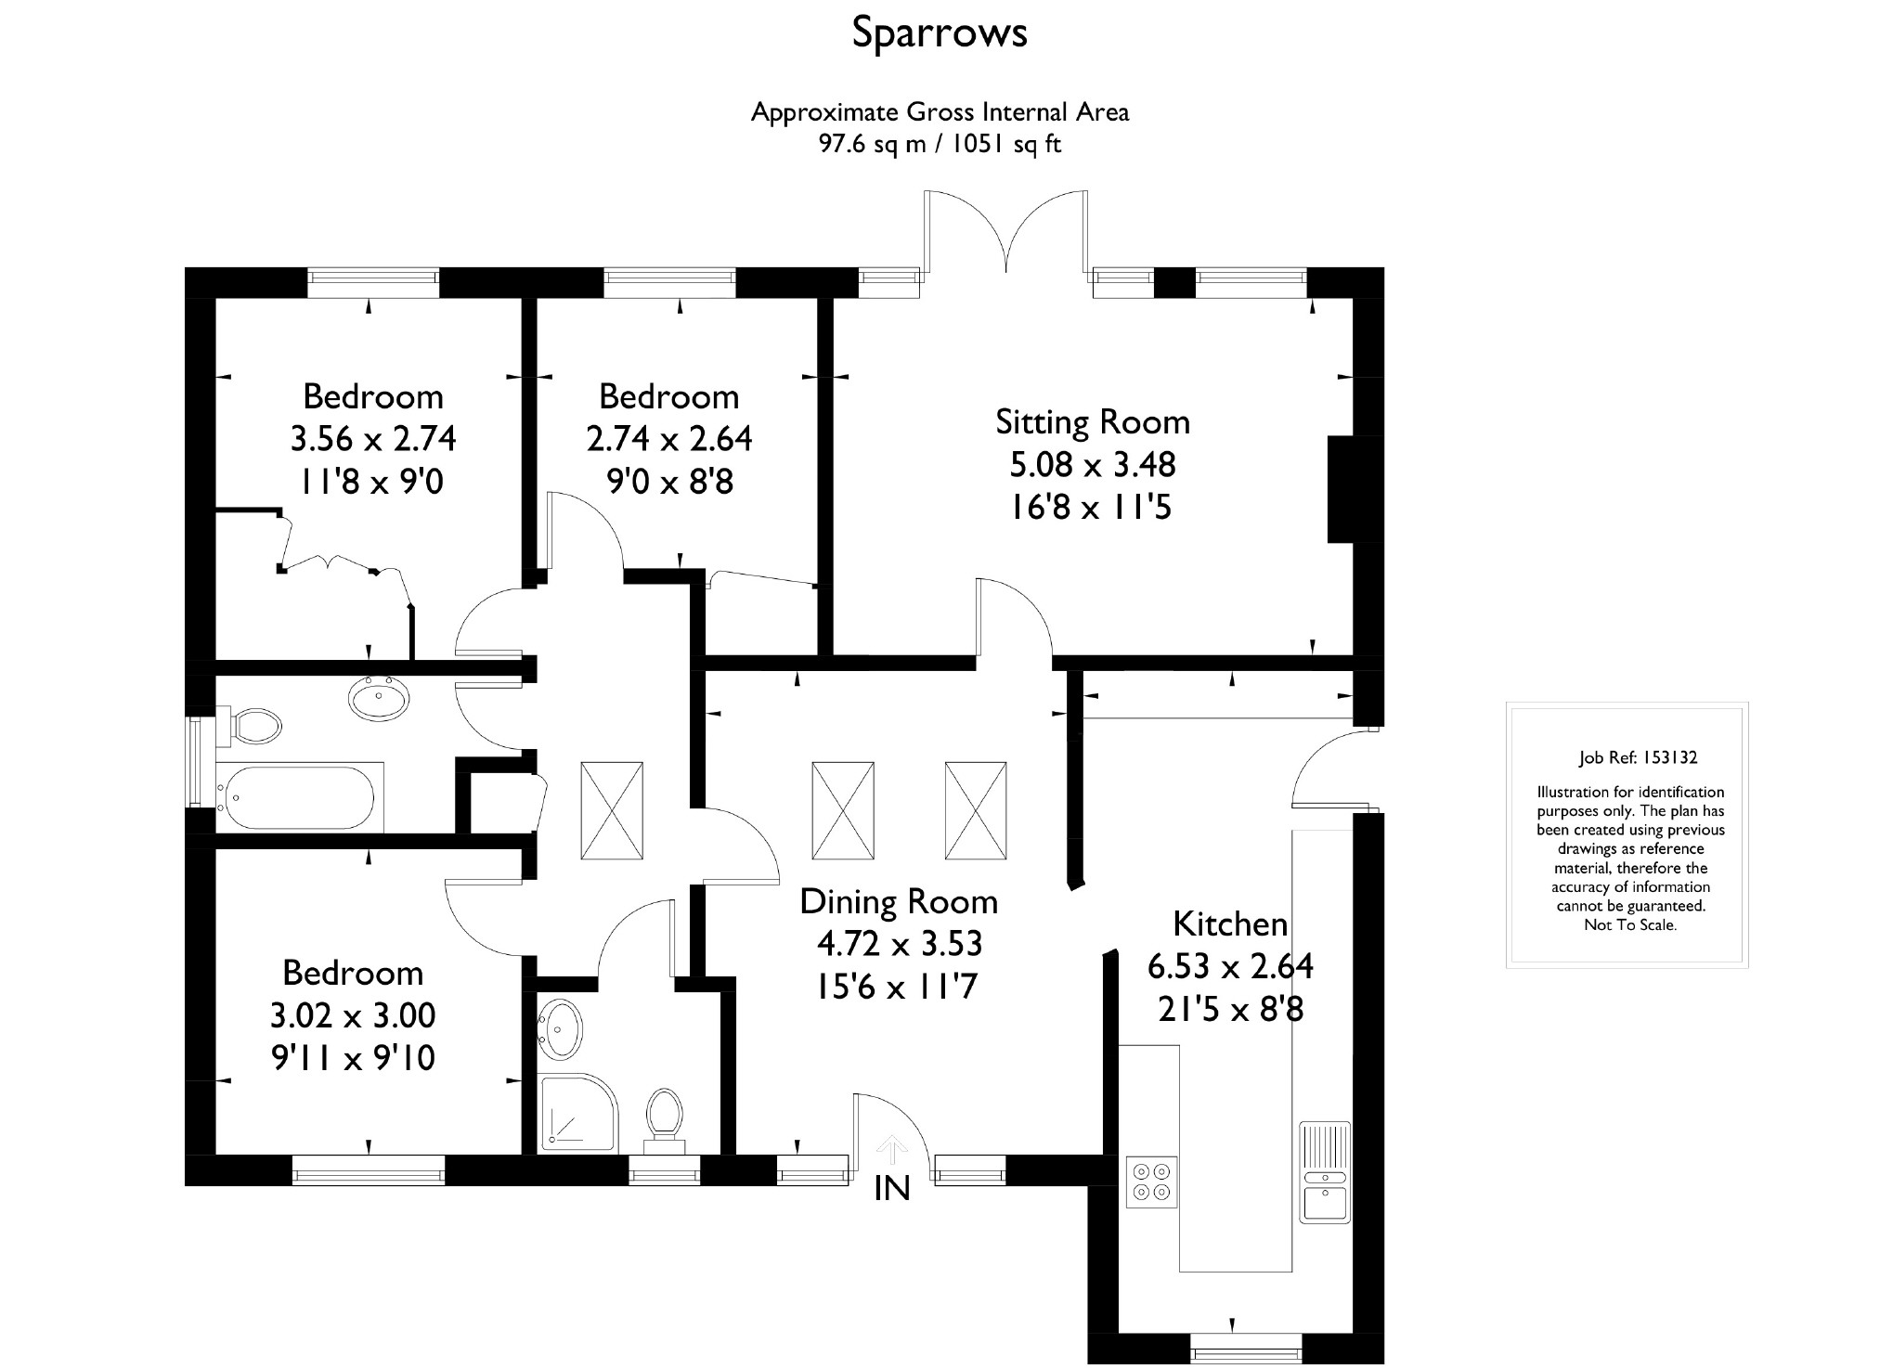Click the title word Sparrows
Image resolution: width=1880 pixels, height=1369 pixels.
[x=939, y=33]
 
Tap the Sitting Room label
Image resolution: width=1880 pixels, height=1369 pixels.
[x=1092, y=422]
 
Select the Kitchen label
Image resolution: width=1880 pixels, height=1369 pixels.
[x=1230, y=924]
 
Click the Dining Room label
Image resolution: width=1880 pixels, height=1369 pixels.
[x=898, y=902]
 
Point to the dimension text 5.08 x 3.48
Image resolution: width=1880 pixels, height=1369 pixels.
[x=1092, y=464]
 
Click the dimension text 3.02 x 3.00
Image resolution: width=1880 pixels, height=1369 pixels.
[x=353, y=1015]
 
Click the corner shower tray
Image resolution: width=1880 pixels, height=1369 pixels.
[x=576, y=1113]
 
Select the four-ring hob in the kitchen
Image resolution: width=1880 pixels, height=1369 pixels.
[x=1152, y=1182]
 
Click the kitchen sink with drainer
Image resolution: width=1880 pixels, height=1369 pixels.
[x=1324, y=1172]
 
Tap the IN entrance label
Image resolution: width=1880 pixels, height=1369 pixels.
[x=892, y=1189]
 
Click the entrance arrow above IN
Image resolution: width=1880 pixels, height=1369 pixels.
[x=892, y=1149]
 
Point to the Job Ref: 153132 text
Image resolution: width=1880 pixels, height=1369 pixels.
[x=1638, y=757]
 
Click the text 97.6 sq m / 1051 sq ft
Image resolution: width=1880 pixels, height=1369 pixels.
[x=939, y=145]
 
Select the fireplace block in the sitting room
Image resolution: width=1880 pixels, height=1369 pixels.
[x=1342, y=489]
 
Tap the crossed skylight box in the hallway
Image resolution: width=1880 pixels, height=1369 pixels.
[x=611, y=810]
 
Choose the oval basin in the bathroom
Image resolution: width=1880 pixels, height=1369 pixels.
[x=379, y=697]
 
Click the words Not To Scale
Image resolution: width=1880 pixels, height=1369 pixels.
[x=1629, y=925]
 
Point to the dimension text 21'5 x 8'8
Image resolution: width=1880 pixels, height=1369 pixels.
[x=1230, y=1009]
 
